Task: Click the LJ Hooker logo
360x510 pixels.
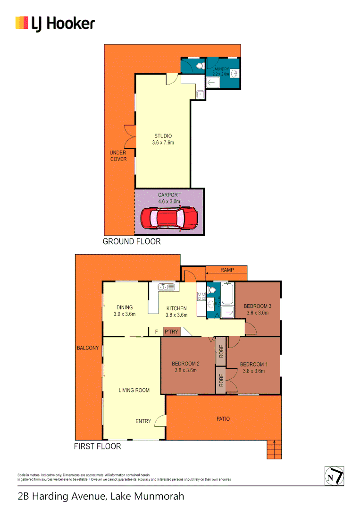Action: [x=55, y=24]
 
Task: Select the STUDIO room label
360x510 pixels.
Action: [x=163, y=139]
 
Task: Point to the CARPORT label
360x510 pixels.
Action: [x=169, y=195]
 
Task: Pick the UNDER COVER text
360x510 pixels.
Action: [x=118, y=156]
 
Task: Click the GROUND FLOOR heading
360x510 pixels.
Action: [x=132, y=241]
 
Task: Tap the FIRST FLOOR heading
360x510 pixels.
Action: [x=97, y=446]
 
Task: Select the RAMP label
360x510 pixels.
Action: [x=227, y=270]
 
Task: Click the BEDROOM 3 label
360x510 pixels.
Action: [x=257, y=309]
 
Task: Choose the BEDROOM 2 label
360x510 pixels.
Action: [x=185, y=367]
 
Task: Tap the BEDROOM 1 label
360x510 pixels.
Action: [x=254, y=367]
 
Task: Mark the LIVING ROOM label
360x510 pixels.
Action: [x=134, y=390]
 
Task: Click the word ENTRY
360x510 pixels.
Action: [x=143, y=421]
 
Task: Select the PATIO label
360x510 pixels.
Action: [x=223, y=418]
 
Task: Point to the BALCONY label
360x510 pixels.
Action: [x=88, y=348]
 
